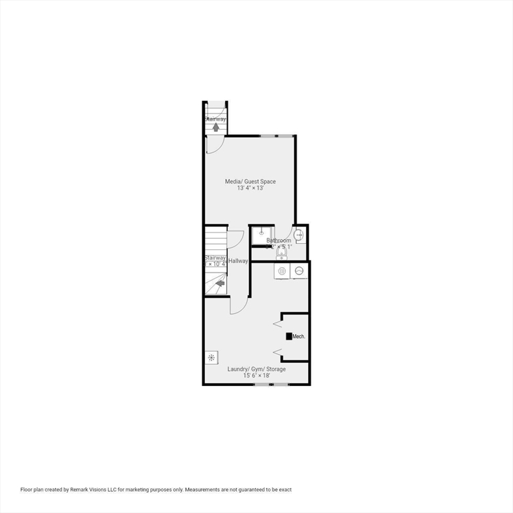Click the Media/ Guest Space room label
(x=250, y=182)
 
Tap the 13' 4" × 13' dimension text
(x=250, y=188)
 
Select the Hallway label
(x=238, y=261)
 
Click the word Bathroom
(x=279, y=240)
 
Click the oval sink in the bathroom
(x=299, y=235)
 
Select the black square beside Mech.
(x=289, y=337)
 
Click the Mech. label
(x=299, y=337)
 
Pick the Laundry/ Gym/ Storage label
(x=256, y=369)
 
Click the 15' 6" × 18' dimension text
(x=256, y=376)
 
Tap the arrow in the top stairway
(x=216, y=127)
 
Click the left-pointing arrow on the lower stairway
(x=218, y=284)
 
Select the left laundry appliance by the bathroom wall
(x=282, y=271)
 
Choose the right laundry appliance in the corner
(x=299, y=271)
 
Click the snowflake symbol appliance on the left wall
(x=211, y=357)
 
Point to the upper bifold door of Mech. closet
(x=277, y=324)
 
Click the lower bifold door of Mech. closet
(x=277, y=352)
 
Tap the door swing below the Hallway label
(x=238, y=305)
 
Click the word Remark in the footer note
(x=92, y=490)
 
